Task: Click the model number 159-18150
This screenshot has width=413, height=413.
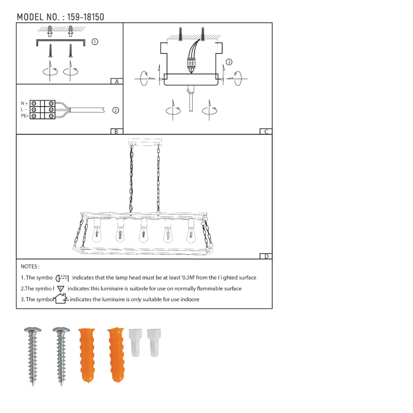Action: (85, 17)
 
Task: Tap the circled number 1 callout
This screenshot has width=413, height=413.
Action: (95, 42)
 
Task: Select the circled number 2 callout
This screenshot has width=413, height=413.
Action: (116, 110)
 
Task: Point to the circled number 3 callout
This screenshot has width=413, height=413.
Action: (229, 62)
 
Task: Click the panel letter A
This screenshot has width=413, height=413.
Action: (117, 81)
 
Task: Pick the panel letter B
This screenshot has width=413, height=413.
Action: (116, 131)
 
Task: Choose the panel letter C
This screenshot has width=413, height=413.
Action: (266, 131)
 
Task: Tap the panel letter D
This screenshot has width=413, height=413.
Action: (266, 256)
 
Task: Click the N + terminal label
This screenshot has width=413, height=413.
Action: (24, 104)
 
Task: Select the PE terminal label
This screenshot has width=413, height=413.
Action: (25, 116)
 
